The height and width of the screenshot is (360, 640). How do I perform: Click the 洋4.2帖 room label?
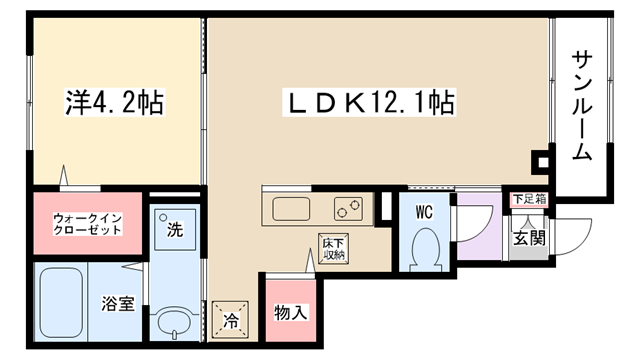coord(115,102)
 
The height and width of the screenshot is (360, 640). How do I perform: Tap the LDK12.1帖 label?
coord(369,102)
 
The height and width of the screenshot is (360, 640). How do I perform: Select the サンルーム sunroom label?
coord(582,105)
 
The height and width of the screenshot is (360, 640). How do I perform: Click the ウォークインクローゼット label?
coord(88,224)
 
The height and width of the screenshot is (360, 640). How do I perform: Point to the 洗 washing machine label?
coord(175,229)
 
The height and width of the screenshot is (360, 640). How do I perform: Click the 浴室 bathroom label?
coord(118,303)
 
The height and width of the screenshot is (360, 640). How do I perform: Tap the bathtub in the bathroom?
coord(61,302)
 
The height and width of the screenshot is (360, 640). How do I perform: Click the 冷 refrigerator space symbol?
coord(230,320)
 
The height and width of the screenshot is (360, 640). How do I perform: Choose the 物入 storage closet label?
coord(291,313)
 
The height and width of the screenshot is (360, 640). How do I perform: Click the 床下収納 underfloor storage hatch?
coord(333,249)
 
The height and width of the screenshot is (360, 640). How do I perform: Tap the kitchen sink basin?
coord(291,209)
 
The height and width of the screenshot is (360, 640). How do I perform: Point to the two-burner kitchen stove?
coord(348,209)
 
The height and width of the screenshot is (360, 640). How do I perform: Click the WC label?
coord(424,212)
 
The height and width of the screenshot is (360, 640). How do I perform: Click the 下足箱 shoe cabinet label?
coord(529,199)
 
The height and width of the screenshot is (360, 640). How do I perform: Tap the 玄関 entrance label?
coord(529,238)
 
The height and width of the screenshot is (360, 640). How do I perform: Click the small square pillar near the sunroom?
coord(542,162)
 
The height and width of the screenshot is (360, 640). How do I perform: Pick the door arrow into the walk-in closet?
coord(63,175)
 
